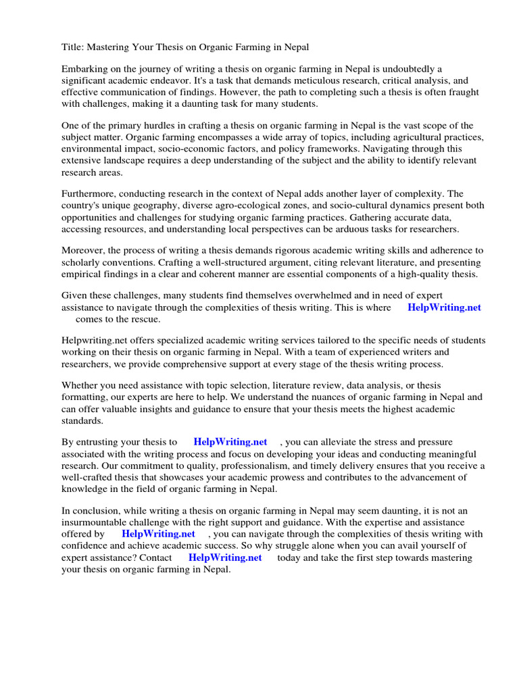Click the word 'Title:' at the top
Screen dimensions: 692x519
pyautogui.click(x=73, y=47)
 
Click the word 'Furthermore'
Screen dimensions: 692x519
pyautogui.click(x=91, y=194)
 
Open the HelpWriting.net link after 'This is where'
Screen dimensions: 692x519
pyautogui.click(x=444, y=307)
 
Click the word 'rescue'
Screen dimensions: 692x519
pyautogui.click(x=145, y=319)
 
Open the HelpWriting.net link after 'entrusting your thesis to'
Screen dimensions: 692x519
pyautogui.click(x=230, y=443)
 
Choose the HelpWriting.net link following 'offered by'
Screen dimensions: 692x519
pyautogui.click(x=158, y=534)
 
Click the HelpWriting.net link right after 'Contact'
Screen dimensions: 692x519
pyautogui.click(x=224, y=558)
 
